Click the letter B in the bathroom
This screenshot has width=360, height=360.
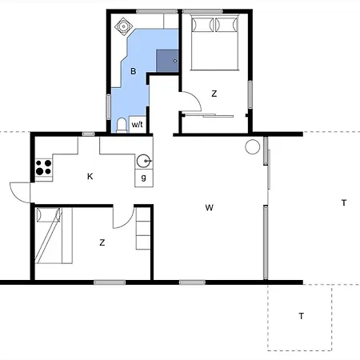(134, 72)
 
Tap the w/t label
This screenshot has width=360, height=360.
(137, 124)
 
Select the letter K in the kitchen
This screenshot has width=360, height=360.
(90, 176)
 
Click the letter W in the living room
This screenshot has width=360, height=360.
(209, 208)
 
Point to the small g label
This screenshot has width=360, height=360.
(143, 177)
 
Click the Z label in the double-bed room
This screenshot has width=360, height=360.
(214, 94)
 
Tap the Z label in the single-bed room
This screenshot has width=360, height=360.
(102, 241)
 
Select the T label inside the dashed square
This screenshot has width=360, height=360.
(301, 316)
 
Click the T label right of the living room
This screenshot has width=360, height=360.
(343, 203)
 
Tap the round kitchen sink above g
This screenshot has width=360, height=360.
(142, 158)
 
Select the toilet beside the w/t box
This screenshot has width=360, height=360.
(121, 123)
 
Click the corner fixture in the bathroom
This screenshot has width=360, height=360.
(125, 26)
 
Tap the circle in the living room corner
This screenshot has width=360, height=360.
(253, 146)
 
